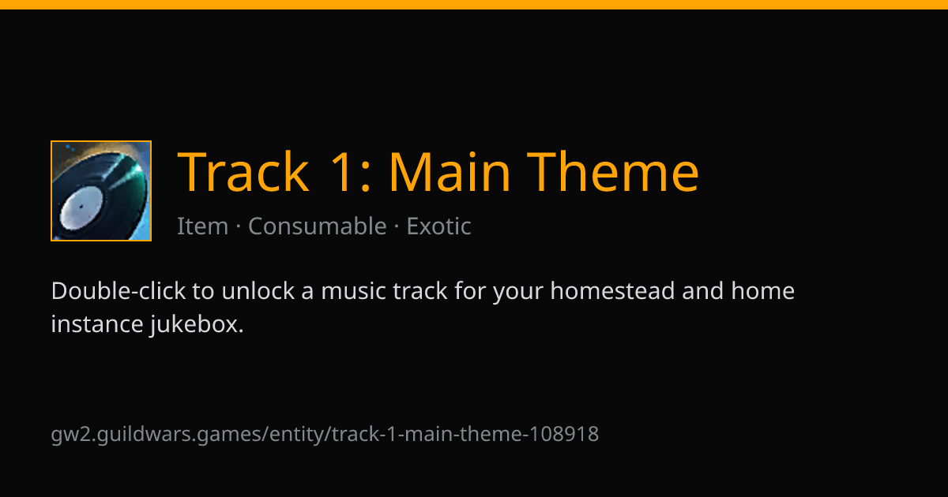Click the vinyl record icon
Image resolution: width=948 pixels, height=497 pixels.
pyautogui.click(x=101, y=191)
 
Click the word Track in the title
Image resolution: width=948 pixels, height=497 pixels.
pyautogui.click(x=243, y=172)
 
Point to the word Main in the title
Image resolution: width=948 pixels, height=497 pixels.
pyautogui.click(x=450, y=172)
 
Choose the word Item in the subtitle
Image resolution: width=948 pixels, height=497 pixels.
pyautogui.click(x=203, y=226)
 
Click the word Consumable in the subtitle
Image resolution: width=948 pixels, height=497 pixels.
pyautogui.click(x=318, y=226)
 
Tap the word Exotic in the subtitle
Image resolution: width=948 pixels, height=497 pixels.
pyautogui.click(x=439, y=226)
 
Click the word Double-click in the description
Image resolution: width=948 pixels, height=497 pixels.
pyautogui.click(x=118, y=291)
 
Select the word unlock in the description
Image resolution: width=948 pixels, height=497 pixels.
pyautogui.click(x=258, y=291)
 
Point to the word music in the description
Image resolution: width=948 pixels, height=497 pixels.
pyautogui.click(x=353, y=291)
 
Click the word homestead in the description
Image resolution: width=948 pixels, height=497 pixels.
pyautogui.click(x=612, y=291)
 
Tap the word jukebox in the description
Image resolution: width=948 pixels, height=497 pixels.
pyautogui.click(x=197, y=325)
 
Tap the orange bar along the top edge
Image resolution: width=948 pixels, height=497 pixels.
pyautogui.click(x=474, y=5)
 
